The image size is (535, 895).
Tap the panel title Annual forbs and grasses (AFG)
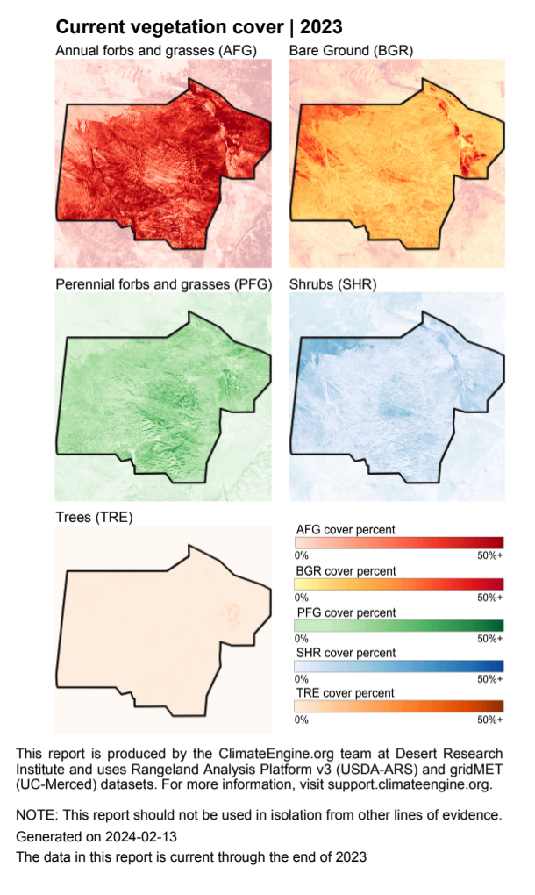click(156, 51)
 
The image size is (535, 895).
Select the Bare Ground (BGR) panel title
click(351, 51)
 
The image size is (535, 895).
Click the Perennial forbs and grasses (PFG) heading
click(164, 284)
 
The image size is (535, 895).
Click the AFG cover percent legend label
click(346, 530)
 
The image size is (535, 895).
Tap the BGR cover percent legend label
click(346, 571)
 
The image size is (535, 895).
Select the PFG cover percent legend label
click(346, 612)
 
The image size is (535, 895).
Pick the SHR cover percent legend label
click(346, 653)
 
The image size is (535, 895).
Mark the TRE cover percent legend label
click(346, 693)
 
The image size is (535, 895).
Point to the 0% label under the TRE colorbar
click(302, 720)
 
